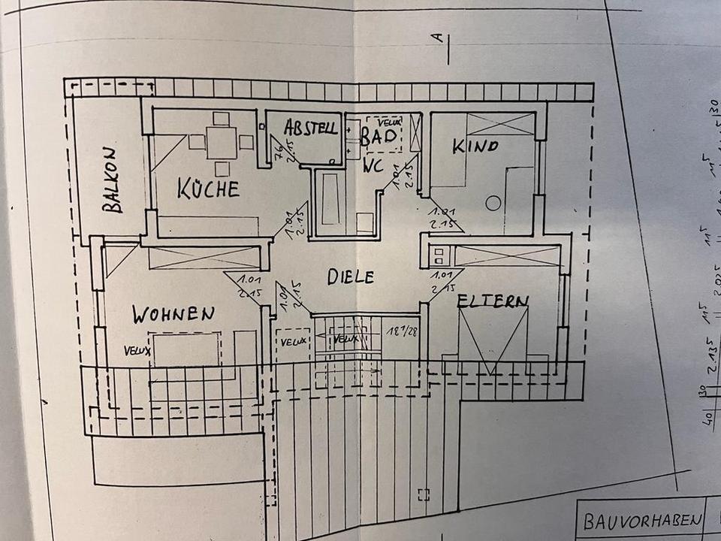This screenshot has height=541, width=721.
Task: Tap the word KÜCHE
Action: tap(208, 188)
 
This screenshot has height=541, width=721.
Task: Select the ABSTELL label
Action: tap(310, 128)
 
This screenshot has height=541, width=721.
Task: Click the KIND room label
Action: tap(475, 146)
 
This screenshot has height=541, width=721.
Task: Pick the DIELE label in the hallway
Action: tap(350, 277)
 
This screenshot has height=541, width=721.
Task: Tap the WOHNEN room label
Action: tap(173, 313)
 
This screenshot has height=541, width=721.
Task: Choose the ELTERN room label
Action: tap(493, 301)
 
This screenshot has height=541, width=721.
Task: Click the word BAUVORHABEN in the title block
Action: tap(643, 521)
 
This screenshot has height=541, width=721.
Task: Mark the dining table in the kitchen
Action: tap(221, 142)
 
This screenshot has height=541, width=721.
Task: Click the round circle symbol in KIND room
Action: tap(493, 203)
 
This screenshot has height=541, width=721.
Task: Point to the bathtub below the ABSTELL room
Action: tap(329, 198)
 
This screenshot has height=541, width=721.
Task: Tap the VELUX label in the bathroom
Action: tap(390, 122)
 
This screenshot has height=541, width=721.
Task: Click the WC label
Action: tap(373, 166)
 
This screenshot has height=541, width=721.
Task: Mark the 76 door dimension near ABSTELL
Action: tap(277, 156)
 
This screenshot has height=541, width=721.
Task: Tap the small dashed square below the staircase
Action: tap(424, 494)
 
